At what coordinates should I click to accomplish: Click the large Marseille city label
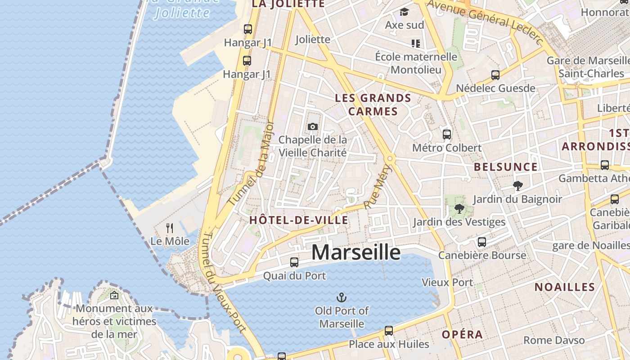pyautogui.click(x=356, y=252)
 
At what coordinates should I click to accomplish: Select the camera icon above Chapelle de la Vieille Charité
pyautogui.click(x=313, y=127)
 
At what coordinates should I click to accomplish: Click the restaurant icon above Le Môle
pyautogui.click(x=170, y=228)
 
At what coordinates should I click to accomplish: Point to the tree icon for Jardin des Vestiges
pyautogui.click(x=459, y=208)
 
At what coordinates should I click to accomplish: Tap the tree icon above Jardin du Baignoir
pyautogui.click(x=518, y=185)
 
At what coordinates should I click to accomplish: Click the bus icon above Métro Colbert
pyautogui.click(x=447, y=134)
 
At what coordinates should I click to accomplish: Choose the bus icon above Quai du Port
pyautogui.click(x=294, y=262)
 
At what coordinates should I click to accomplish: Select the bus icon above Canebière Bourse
pyautogui.click(x=482, y=242)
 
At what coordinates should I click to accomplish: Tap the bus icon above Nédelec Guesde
pyautogui.click(x=495, y=75)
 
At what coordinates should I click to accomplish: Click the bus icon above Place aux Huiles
pyautogui.click(x=389, y=331)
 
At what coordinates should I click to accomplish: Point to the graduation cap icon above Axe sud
pyautogui.click(x=405, y=12)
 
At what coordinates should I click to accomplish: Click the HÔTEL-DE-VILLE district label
pyautogui.click(x=299, y=220)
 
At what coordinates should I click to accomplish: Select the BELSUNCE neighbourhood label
pyautogui.click(x=505, y=167)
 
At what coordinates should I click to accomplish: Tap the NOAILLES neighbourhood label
pyautogui.click(x=565, y=287)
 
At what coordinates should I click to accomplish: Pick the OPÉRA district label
pyautogui.click(x=462, y=334)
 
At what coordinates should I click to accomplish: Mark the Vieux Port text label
pyautogui.click(x=447, y=282)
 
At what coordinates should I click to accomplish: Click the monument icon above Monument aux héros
pyautogui.click(x=114, y=296)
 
